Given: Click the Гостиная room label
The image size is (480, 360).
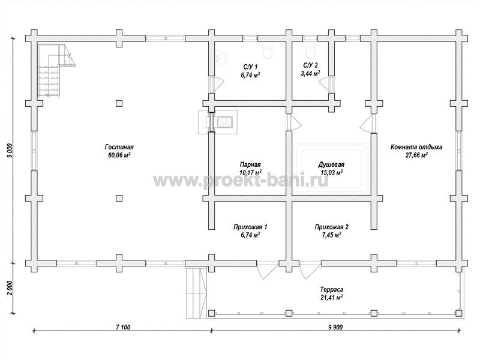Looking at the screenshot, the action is [x=119, y=147].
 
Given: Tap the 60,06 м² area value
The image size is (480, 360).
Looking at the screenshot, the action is [x=119, y=155].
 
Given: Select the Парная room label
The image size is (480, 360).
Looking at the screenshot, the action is [x=250, y=164].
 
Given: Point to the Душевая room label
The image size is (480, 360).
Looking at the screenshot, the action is [x=331, y=164].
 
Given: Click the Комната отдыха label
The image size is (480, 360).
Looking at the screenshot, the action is [x=416, y=147].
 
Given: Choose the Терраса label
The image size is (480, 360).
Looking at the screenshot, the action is [x=332, y=289].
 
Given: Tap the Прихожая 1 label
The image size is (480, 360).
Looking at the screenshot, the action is [x=250, y=227].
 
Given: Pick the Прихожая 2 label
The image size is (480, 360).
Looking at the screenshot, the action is [x=331, y=227].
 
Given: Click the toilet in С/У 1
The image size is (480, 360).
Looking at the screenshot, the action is [x=268, y=52].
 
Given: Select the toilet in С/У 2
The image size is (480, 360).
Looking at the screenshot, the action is [x=310, y=52].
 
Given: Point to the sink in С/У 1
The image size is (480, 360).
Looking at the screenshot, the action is [x=221, y=58].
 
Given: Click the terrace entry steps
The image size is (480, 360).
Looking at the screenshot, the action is [x=197, y=293].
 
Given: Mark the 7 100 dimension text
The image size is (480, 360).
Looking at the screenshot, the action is [x=123, y=327].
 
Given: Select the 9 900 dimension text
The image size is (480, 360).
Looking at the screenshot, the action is [x=335, y=327].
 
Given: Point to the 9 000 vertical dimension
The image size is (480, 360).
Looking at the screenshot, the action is [x=10, y=151].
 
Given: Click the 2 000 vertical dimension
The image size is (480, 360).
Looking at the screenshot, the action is [x=10, y=288].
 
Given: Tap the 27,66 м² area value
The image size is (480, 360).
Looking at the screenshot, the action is [x=416, y=155].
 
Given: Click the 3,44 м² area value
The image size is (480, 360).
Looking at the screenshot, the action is [x=310, y=73].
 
